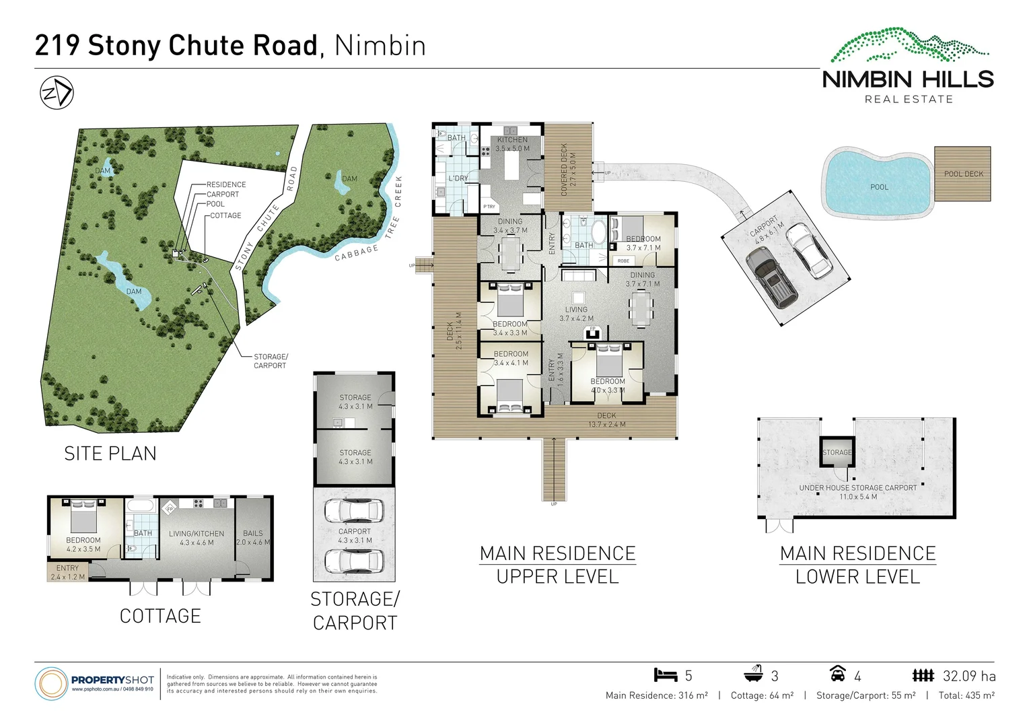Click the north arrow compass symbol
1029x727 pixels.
pyautogui.click(x=57, y=93)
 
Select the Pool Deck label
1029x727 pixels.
pyautogui.click(x=963, y=174)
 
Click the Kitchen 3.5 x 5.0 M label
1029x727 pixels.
pyautogui.click(x=512, y=144)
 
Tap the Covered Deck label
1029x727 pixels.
pyautogui.click(x=568, y=169)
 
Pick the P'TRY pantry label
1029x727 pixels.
pyautogui.click(x=489, y=207)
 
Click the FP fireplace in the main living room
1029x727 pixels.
pyautogui.click(x=593, y=330)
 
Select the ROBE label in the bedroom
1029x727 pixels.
pyautogui.click(x=623, y=261)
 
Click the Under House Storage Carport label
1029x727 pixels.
pyautogui.click(x=857, y=492)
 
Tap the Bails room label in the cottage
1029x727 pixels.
pyautogui.click(x=253, y=537)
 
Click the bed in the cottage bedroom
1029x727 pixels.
pyautogui.click(x=83, y=516)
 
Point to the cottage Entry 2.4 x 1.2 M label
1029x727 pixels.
pyautogui.click(x=67, y=572)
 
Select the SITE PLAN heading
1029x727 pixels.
pyautogui.click(x=110, y=454)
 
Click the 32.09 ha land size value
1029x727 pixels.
pyautogui.click(x=969, y=676)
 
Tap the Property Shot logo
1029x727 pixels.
pyautogui.click(x=94, y=683)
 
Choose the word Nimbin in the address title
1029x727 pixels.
pyautogui.click(x=380, y=46)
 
